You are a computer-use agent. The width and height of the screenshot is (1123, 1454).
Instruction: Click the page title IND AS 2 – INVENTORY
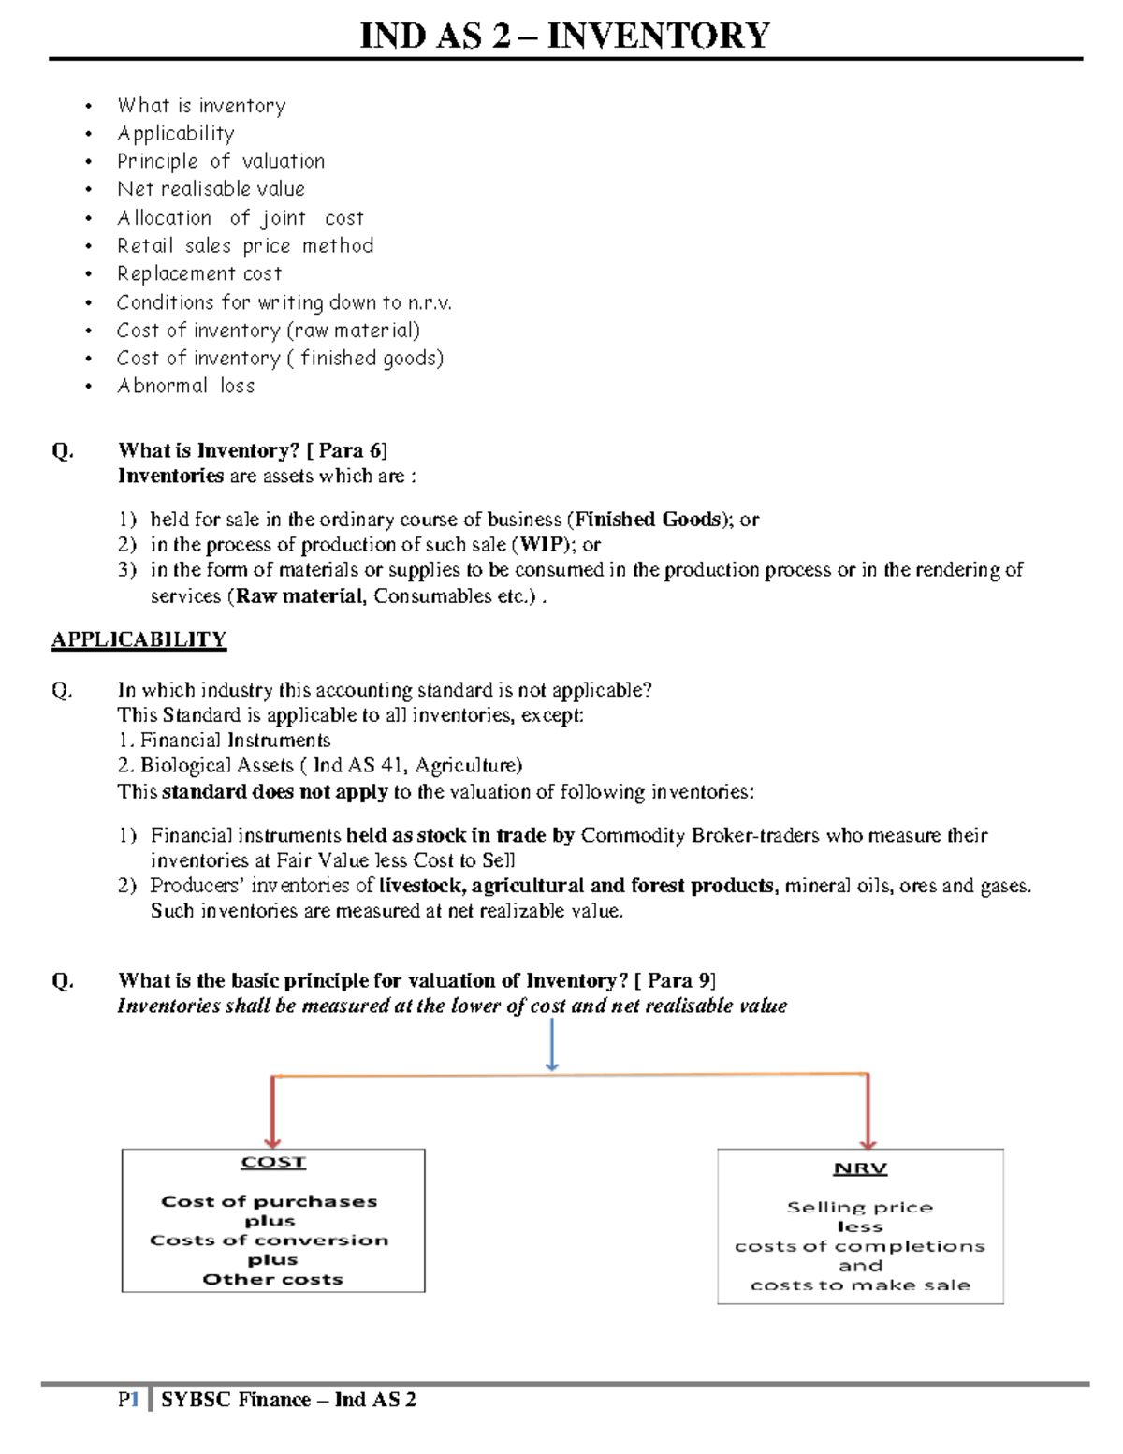point(565,36)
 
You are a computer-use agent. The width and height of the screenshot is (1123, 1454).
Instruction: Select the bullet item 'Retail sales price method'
point(245,246)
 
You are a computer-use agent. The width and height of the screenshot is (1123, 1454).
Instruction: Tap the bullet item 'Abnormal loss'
point(185,386)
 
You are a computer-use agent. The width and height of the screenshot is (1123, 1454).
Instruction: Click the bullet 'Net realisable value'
point(211,189)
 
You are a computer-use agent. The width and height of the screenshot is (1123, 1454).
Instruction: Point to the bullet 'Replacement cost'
point(199,274)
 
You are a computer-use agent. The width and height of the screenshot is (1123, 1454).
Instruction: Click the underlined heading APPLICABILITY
point(139,639)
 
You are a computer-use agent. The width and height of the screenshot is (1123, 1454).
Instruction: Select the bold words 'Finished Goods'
point(648,520)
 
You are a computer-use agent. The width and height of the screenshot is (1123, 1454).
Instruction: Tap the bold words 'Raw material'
point(299,596)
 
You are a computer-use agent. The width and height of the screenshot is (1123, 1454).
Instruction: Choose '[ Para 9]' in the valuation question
point(675,980)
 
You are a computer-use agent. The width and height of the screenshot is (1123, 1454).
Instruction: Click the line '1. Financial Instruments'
point(225,741)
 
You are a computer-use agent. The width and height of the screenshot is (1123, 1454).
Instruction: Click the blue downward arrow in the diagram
point(552,1045)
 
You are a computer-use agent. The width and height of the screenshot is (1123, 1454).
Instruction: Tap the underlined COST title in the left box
point(273,1162)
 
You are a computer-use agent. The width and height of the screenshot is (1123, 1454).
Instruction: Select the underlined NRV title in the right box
point(860,1168)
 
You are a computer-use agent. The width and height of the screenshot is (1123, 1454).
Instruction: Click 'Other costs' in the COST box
point(273,1279)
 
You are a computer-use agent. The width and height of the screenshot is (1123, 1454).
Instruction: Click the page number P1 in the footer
point(128,1400)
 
